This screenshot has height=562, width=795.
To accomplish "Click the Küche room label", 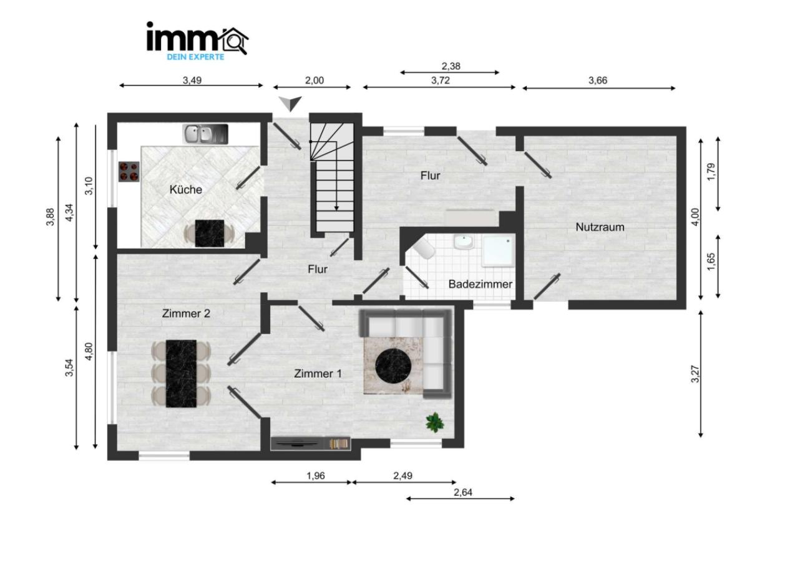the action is (x=185, y=189).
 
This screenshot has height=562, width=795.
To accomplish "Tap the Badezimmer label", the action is (x=480, y=284).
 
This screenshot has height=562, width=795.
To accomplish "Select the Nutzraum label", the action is (x=600, y=227).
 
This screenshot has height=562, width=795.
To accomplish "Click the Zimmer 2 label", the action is (x=186, y=313).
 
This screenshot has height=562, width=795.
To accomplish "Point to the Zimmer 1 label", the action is (x=318, y=373).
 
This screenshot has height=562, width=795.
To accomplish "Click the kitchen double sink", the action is (x=205, y=134).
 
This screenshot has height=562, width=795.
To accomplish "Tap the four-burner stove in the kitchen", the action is (x=129, y=172).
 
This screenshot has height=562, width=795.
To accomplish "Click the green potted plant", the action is (x=435, y=422).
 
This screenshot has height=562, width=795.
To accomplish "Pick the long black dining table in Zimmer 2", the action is (x=181, y=373).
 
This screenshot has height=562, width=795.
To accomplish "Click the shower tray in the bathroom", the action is (x=499, y=250).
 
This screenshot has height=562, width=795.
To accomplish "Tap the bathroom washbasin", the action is (x=464, y=242).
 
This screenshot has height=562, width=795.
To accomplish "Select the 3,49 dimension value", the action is (x=192, y=81).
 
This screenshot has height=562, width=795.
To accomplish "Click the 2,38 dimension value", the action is (x=451, y=66).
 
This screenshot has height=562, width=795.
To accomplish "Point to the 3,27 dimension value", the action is (x=695, y=374).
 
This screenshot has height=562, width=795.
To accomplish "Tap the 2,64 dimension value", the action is (x=463, y=492).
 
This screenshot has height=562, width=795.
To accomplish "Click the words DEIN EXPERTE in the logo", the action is (x=195, y=57).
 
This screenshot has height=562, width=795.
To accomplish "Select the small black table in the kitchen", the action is (x=210, y=234).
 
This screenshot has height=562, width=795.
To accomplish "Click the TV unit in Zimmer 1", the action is (x=311, y=444).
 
